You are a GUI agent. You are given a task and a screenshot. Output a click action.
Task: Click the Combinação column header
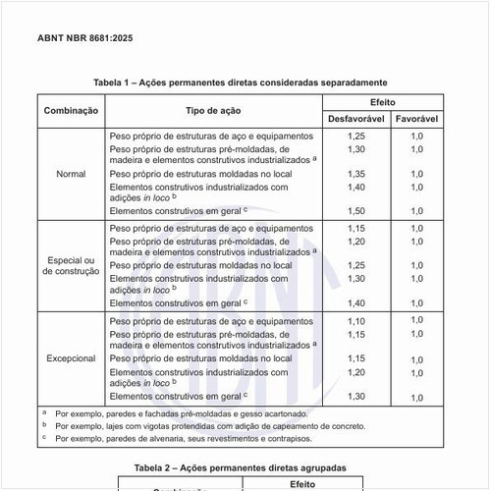[x=71, y=111]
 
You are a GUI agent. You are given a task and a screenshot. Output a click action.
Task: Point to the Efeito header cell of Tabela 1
[x=383, y=102]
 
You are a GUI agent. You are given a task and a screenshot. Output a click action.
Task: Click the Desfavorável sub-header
[x=355, y=119]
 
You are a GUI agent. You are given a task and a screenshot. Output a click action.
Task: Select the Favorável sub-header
[x=416, y=119]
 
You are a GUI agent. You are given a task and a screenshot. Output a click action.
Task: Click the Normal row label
[x=71, y=173]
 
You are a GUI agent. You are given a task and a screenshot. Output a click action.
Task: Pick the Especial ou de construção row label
[x=71, y=264]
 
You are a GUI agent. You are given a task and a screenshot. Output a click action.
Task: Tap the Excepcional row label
[x=71, y=358]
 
